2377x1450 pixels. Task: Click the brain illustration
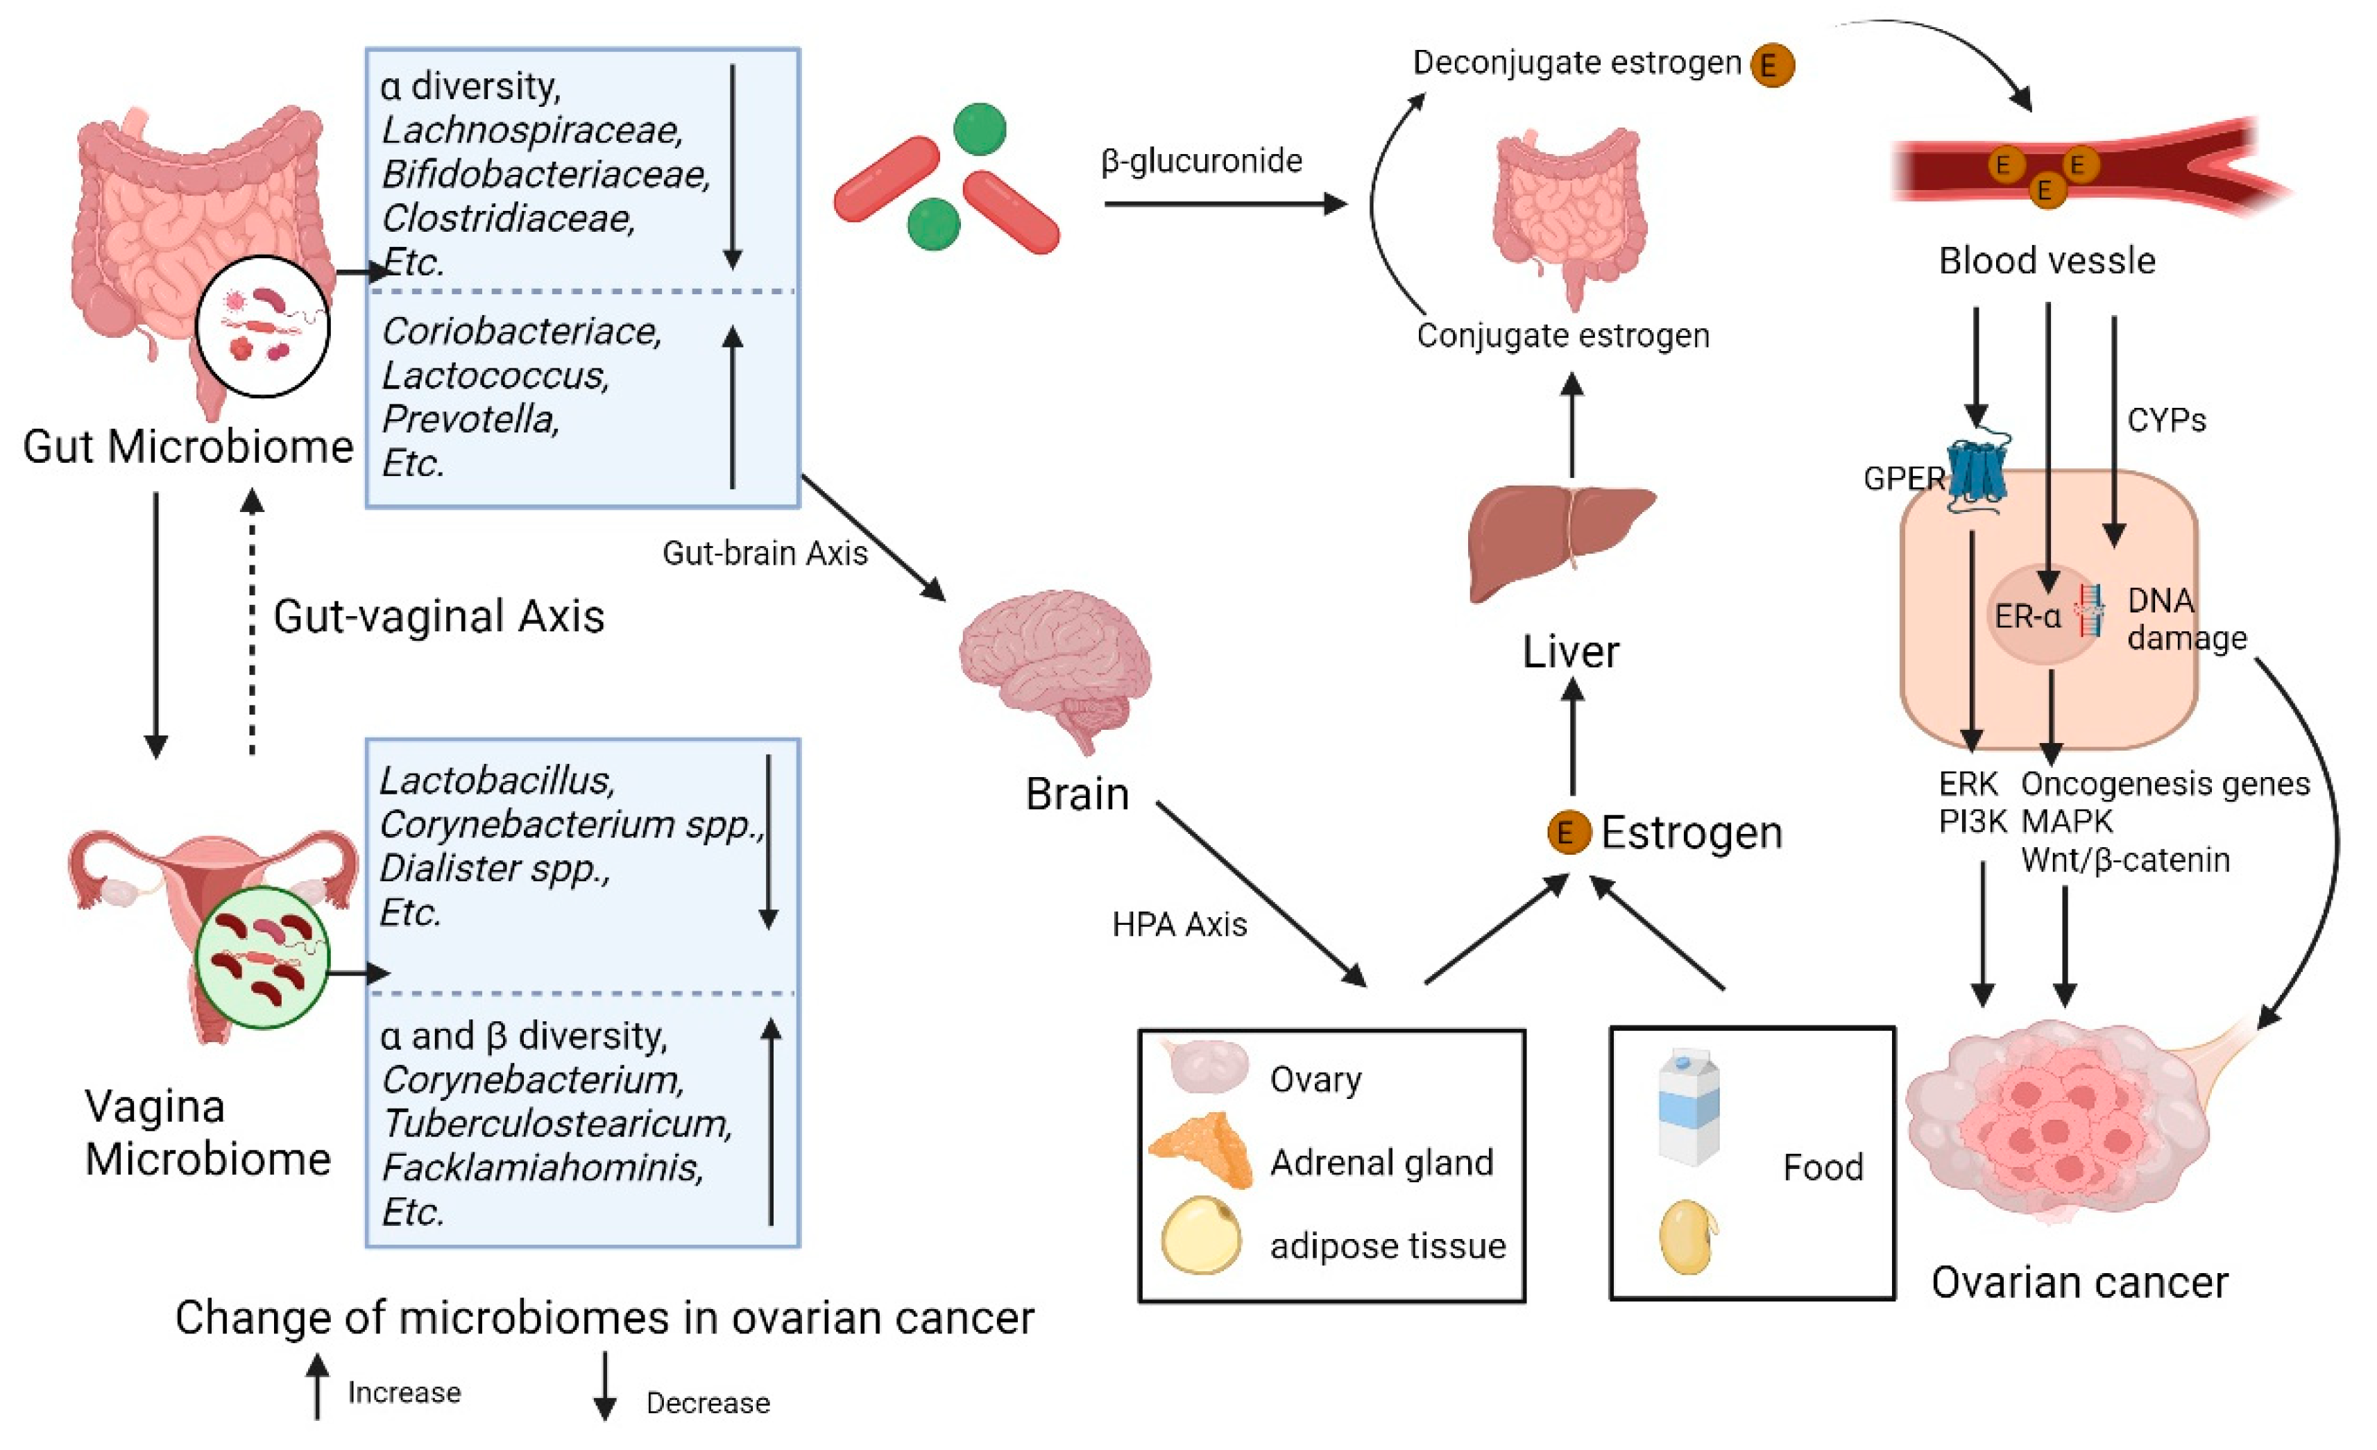coord(1057,665)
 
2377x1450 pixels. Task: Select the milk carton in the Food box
coord(1688,1109)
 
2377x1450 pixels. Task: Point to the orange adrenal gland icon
coord(1201,1150)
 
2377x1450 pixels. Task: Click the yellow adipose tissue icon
coord(1201,1235)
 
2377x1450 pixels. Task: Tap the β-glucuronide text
coord(1201,160)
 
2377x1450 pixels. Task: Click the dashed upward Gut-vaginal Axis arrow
coord(253,622)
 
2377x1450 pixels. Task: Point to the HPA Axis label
coord(1179,924)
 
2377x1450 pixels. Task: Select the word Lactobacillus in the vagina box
coord(497,780)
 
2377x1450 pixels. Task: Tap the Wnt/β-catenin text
coord(2125,860)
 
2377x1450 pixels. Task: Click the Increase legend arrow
coord(317,1385)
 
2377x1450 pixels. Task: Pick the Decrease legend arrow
coord(605,1385)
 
